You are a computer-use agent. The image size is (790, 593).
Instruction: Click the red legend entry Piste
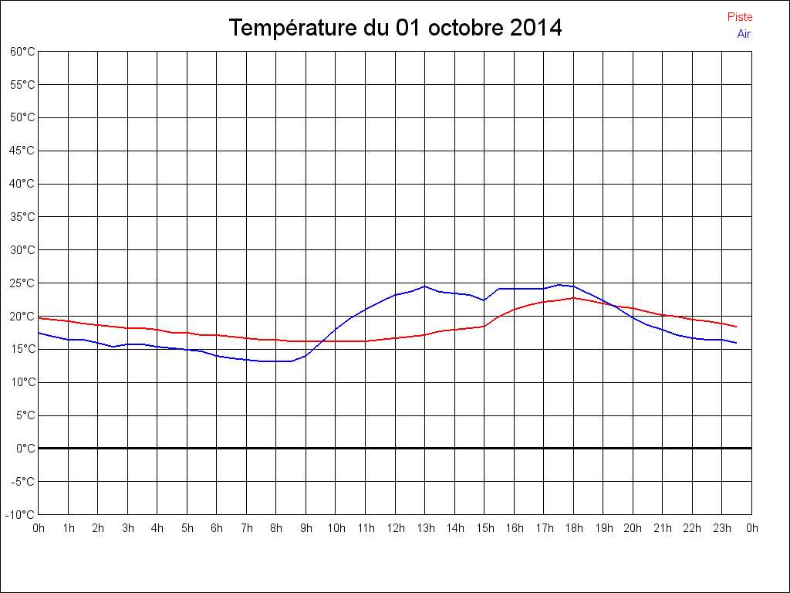coord(739,17)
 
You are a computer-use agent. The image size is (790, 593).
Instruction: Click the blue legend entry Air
coord(744,34)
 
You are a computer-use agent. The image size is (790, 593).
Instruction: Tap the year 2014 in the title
coord(536,29)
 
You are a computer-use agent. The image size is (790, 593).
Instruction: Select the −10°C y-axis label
coord(21,515)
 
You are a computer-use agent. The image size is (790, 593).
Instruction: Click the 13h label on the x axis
coord(425,529)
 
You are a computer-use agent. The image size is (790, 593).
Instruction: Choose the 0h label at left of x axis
coord(39,529)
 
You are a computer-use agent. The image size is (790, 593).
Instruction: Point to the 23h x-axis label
coord(722,529)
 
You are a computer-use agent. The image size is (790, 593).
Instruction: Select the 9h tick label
coord(306,529)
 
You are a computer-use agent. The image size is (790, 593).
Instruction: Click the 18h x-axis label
coord(573,529)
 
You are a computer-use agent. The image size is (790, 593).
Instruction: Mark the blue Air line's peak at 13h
coord(425,286)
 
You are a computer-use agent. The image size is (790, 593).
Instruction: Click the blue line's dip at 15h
coord(484,300)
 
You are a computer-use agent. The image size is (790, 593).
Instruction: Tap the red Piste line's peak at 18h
coord(573,298)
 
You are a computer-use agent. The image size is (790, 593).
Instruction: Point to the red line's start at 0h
coord(39,318)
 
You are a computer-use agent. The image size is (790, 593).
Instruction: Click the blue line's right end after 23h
coord(736,343)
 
